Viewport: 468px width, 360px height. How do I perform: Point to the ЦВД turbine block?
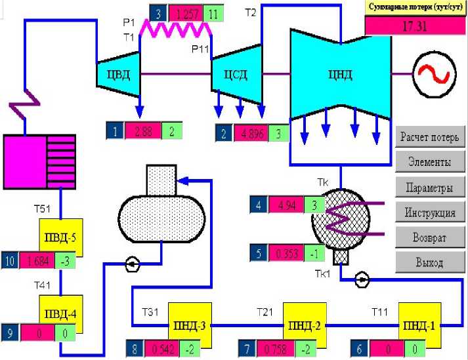pos(119,74)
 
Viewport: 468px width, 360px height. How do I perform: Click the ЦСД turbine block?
pos(234,73)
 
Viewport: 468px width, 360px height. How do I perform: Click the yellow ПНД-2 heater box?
pos(303,324)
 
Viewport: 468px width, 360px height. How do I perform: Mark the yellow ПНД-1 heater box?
pos(417,324)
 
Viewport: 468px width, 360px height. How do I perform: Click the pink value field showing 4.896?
pos(253,134)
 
